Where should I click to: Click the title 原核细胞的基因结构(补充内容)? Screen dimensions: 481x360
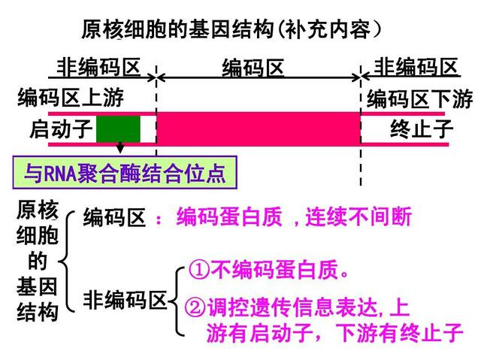point(231,29)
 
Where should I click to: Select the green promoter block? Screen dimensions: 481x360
point(118,129)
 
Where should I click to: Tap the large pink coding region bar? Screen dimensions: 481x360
point(259,129)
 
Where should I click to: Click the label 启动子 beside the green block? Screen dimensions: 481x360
point(61,129)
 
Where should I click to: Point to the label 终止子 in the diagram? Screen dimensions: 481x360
point(422,129)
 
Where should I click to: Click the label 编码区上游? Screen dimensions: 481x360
point(71,98)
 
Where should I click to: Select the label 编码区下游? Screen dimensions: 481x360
point(419,98)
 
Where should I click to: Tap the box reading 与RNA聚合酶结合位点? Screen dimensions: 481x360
point(125,173)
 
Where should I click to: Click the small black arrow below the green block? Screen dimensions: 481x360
point(120,147)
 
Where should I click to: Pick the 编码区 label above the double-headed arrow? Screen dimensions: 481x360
point(253,68)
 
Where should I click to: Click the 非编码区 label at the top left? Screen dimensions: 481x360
point(98,67)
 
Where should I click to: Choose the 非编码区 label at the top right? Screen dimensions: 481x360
point(416,67)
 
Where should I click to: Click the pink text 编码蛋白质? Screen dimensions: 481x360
point(229,216)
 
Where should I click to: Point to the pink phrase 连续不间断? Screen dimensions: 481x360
point(358,216)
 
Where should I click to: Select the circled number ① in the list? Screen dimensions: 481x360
point(198,270)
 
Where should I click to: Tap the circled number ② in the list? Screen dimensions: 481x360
point(195,307)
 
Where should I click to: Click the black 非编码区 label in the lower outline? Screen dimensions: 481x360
point(125,300)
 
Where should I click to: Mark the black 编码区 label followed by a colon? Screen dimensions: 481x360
point(114,217)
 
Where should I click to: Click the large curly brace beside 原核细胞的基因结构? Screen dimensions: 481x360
point(67,262)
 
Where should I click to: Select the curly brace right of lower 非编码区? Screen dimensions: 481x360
point(177,301)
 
